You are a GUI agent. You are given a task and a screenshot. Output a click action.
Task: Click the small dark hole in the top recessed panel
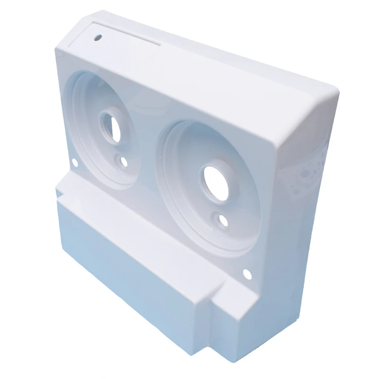[x=99, y=36]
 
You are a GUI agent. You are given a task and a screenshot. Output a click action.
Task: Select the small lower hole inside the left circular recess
[x=124, y=162]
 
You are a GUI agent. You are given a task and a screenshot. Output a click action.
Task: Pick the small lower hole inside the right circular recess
[x=223, y=220]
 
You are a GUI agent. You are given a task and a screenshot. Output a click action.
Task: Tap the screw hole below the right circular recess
[x=246, y=273]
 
